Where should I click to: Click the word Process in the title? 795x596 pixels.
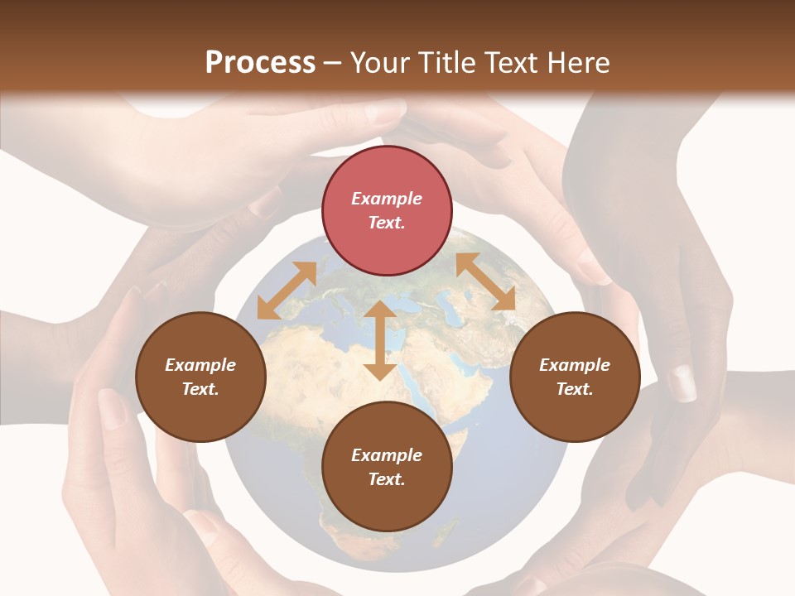click(260, 63)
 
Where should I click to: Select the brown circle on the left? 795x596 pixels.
click(200, 377)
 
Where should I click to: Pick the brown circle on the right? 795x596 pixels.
click(575, 377)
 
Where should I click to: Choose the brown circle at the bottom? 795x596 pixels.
click(387, 467)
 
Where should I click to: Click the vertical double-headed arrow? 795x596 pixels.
click(380, 340)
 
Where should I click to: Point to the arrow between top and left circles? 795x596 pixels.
click(287, 291)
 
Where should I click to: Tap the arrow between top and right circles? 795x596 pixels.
click(485, 281)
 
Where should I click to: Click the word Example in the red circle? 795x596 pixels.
click(387, 199)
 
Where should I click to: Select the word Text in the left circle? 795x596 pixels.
click(200, 389)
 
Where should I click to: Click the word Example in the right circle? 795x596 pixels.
click(575, 365)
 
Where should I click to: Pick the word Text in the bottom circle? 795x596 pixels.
click(387, 479)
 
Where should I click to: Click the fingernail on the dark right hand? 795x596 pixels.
click(682, 382)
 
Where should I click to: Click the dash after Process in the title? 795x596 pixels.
click(333, 63)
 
